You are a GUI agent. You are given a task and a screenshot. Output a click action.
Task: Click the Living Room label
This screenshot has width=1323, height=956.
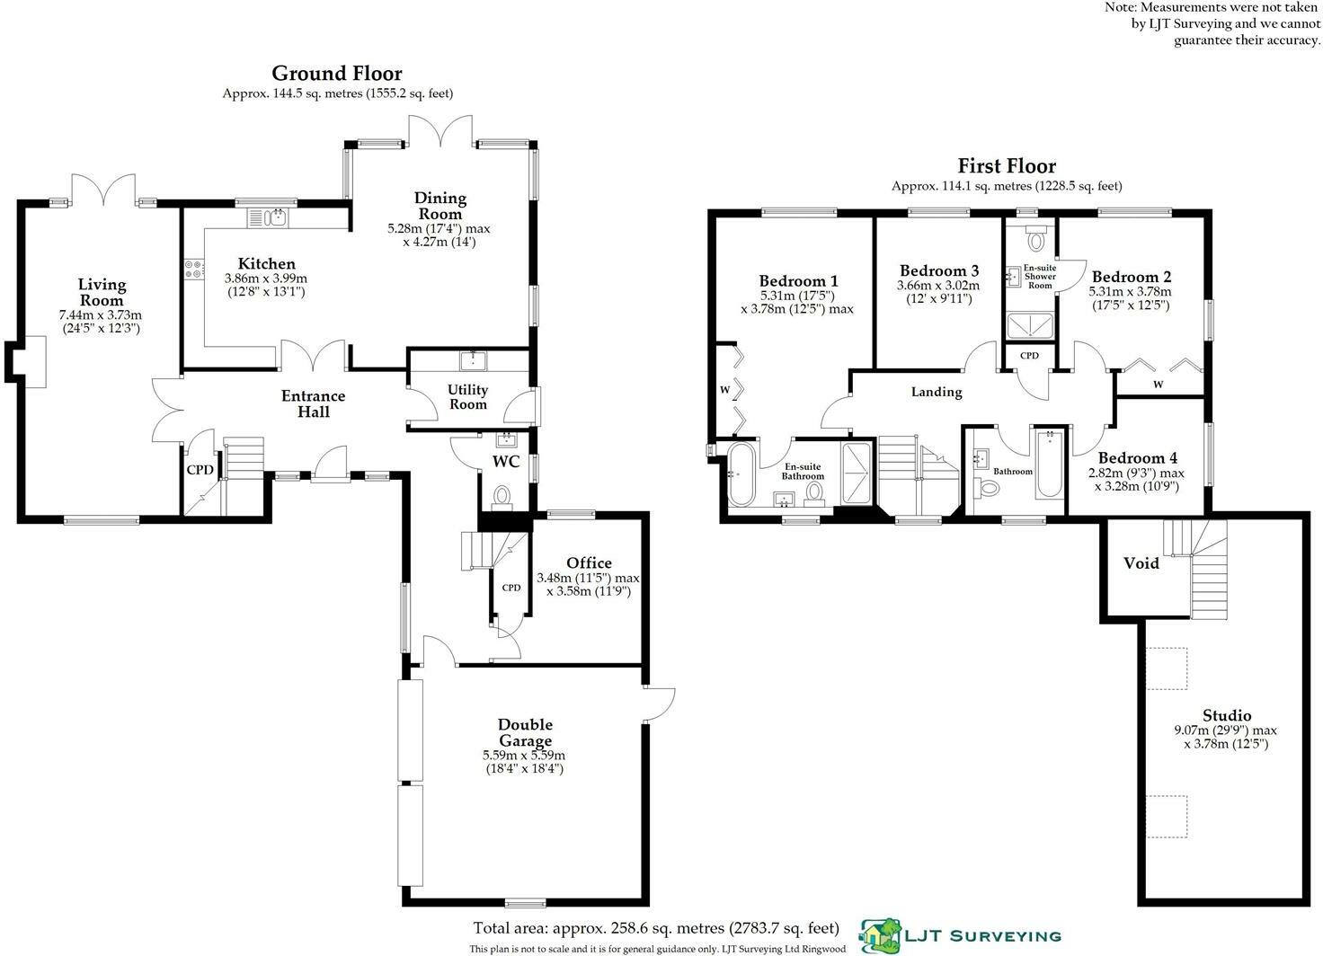click(102, 292)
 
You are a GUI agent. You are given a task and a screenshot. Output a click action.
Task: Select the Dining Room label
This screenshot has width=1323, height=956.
click(440, 206)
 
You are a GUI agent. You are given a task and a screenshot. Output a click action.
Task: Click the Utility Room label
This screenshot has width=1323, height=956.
click(467, 396)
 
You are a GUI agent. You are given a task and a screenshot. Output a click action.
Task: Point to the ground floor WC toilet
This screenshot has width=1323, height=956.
click(502, 496)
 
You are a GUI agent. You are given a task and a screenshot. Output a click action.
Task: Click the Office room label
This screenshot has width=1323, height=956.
click(589, 562)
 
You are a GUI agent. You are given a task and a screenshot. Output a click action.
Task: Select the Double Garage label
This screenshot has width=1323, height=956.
click(525, 732)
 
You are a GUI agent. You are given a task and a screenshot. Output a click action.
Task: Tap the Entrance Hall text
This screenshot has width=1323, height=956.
click(313, 403)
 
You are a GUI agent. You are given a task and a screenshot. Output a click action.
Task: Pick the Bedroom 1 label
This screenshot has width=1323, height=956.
click(798, 280)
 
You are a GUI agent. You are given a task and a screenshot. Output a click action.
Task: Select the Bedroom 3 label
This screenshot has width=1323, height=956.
click(939, 270)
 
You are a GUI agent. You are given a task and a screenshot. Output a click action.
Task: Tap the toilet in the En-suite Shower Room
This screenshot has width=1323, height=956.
click(1036, 238)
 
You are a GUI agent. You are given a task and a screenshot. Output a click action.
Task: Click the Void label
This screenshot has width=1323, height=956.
click(1141, 563)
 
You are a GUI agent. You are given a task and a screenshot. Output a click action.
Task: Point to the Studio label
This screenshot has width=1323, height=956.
click(1227, 715)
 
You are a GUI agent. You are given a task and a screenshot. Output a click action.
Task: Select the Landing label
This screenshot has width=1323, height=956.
click(937, 392)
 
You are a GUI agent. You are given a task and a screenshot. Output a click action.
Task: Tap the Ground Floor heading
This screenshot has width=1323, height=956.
click(337, 73)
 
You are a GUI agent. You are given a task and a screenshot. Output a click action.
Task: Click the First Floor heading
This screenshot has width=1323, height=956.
click(1007, 165)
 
